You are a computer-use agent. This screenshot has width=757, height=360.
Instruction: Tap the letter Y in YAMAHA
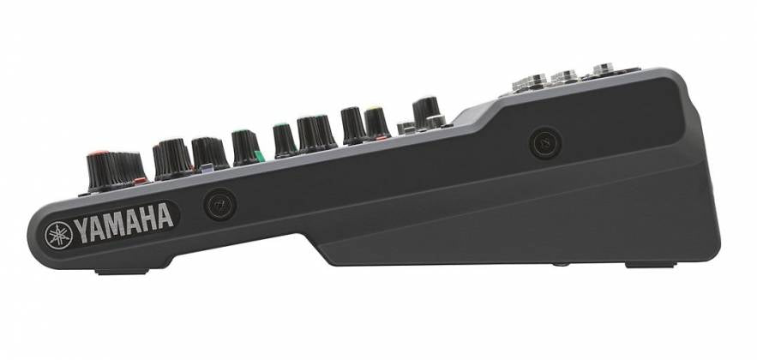click(81, 228)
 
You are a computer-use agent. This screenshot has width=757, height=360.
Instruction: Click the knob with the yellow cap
click(375, 121)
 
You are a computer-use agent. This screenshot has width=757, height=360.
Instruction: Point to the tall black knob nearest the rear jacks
click(425, 109)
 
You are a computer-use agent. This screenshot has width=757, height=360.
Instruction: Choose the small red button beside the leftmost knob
click(141, 179)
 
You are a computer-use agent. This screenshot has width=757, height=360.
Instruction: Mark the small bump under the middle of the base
click(558, 264)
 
